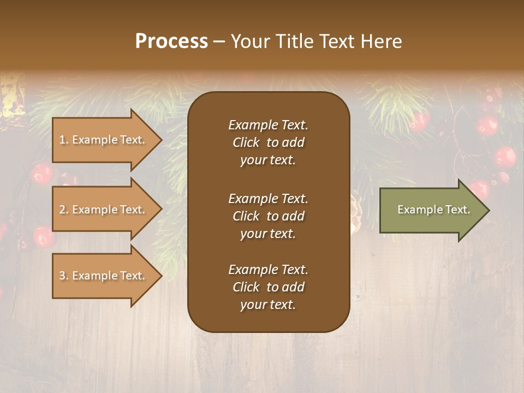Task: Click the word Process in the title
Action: [171, 41]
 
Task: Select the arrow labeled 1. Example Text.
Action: [104, 140]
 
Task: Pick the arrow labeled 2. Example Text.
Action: [104, 210]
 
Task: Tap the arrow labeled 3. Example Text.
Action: [104, 276]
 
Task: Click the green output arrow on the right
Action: [431, 210]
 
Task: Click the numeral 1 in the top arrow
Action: [62, 140]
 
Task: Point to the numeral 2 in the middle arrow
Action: [62, 210]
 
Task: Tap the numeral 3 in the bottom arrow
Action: [62, 276]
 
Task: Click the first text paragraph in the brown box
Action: [268, 142]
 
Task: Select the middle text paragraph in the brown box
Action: [268, 216]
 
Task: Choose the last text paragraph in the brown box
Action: [268, 287]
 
